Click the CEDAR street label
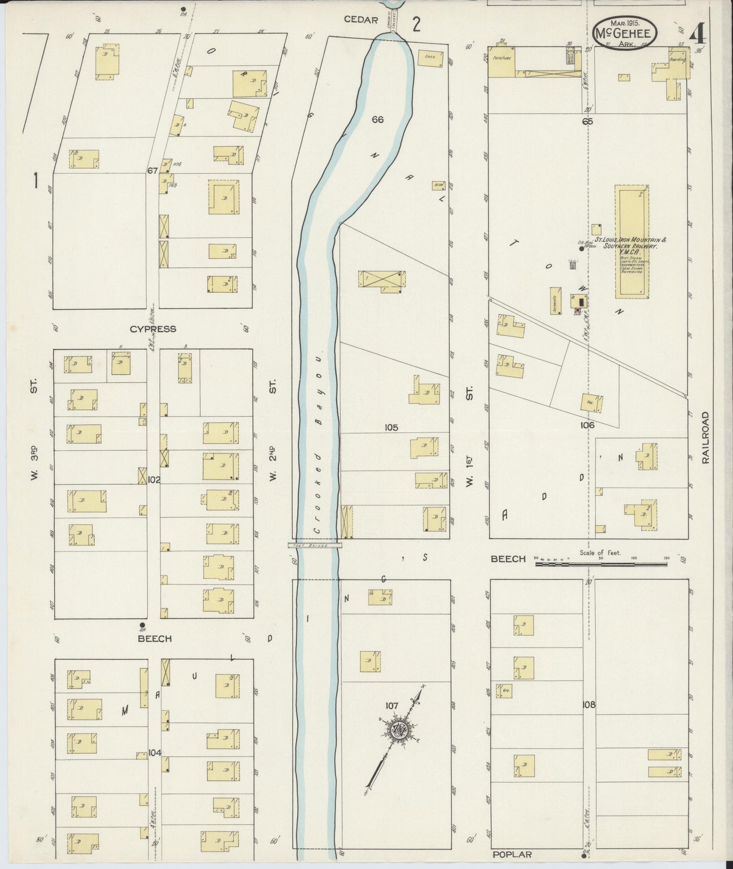(x=361, y=20)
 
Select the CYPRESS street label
(x=153, y=329)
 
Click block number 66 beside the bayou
(x=377, y=120)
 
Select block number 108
(x=588, y=704)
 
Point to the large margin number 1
(x=36, y=181)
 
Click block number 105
(x=391, y=427)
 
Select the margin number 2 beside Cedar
(x=416, y=24)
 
